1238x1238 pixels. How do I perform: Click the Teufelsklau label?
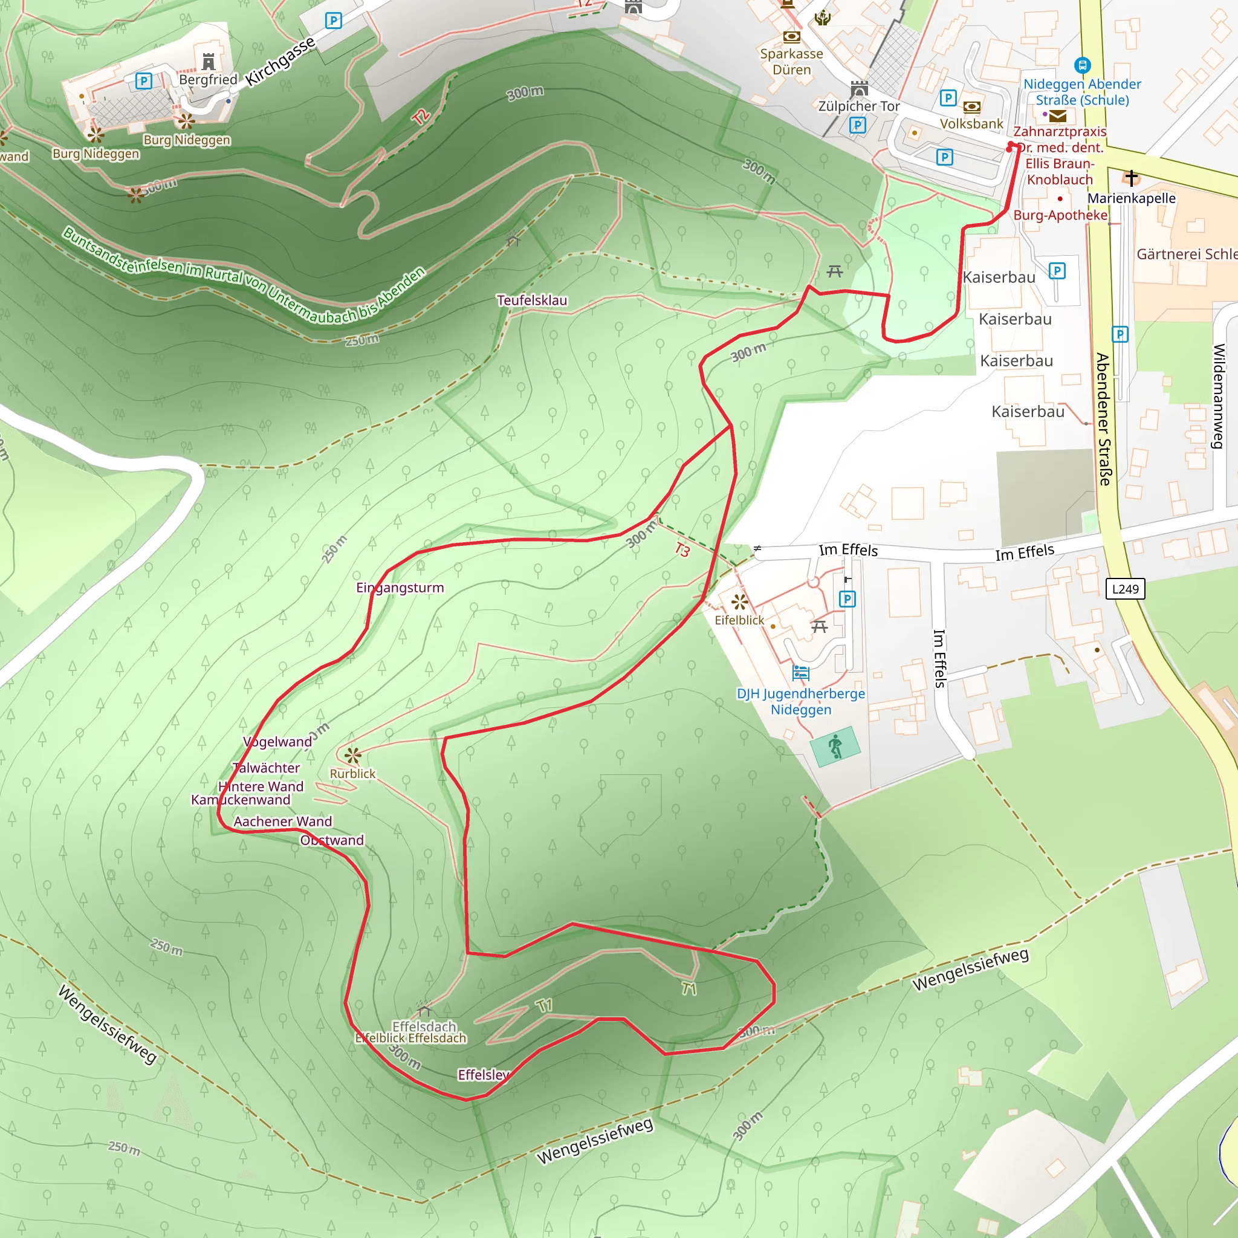(532, 300)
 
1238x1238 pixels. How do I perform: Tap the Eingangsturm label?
(400, 588)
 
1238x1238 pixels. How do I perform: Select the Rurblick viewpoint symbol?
(352, 755)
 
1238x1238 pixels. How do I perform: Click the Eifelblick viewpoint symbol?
(739, 601)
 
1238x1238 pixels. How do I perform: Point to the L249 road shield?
(1125, 589)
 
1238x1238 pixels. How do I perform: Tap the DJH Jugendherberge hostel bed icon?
(801, 673)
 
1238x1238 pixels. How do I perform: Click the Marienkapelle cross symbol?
(1132, 177)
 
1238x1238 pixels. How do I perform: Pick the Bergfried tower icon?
(209, 62)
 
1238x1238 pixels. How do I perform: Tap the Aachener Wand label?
(282, 821)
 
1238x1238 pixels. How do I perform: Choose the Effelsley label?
(483, 1075)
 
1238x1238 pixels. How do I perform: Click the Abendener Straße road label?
(1103, 419)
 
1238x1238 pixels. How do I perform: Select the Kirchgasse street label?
(280, 62)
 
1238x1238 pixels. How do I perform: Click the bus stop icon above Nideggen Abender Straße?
(1082, 65)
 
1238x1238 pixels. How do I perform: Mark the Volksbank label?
(971, 124)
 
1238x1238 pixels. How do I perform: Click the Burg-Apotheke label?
(1060, 215)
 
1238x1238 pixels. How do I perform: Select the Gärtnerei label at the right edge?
(1186, 254)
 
